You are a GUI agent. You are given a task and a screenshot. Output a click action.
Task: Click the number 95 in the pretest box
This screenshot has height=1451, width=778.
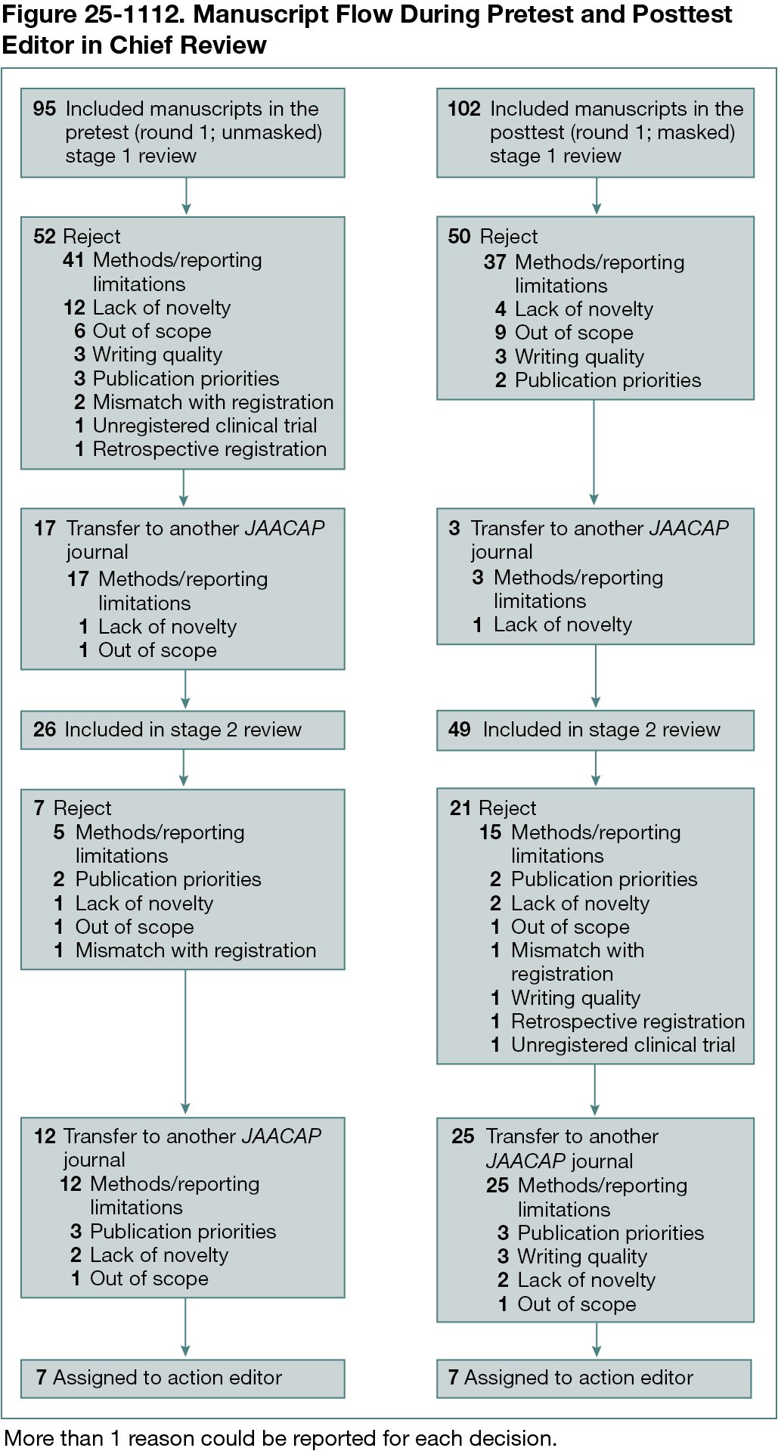click(45, 109)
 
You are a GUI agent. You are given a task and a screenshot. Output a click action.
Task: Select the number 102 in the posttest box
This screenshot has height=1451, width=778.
click(464, 109)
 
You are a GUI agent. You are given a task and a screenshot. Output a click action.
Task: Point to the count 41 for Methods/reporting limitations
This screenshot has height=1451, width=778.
click(73, 260)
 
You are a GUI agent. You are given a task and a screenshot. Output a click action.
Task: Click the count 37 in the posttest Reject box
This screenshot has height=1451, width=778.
click(495, 262)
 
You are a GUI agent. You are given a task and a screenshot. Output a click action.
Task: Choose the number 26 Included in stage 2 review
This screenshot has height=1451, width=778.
click(45, 730)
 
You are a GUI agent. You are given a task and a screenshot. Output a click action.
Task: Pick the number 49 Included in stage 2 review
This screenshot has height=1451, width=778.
click(460, 730)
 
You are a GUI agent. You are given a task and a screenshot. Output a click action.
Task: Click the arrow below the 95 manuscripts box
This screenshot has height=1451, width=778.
click(186, 197)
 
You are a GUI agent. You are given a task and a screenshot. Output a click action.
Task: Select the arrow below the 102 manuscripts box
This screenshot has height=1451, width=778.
click(597, 197)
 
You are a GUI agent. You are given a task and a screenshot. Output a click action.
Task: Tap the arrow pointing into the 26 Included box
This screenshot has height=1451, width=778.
click(185, 691)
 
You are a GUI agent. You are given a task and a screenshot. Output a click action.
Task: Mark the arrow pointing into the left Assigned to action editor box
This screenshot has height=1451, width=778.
click(185, 1331)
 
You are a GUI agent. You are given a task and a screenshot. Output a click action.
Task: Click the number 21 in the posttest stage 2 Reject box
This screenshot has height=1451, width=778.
click(460, 808)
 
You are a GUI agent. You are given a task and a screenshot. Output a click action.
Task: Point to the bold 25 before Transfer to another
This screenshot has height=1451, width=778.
click(463, 1136)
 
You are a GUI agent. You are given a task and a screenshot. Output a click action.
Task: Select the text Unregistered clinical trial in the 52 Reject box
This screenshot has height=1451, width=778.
click(205, 426)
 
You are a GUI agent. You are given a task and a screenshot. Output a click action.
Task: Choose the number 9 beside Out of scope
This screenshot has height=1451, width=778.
click(501, 333)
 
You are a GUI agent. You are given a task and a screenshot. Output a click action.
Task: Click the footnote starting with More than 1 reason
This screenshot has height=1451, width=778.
click(280, 1438)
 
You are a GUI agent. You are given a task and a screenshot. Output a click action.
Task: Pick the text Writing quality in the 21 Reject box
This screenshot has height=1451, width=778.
click(575, 998)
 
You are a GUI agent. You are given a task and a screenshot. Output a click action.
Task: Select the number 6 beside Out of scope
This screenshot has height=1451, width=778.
click(79, 331)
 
